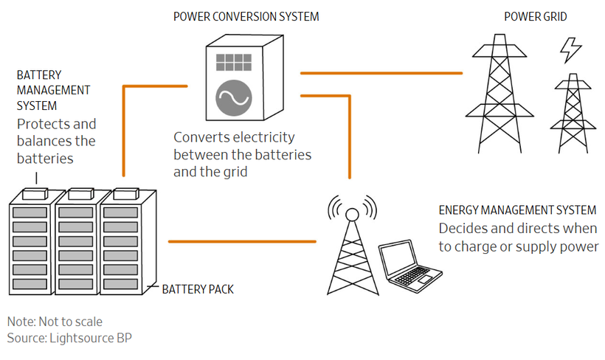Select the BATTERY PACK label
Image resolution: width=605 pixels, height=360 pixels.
coord(198,289)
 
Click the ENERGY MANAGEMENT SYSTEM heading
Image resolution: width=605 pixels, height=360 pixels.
coord(516,210)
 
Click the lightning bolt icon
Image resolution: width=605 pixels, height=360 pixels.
coord(570,50)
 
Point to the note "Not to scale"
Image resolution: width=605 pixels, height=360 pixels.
coord(55,322)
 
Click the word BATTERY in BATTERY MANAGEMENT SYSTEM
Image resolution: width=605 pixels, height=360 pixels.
coord(39,75)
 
